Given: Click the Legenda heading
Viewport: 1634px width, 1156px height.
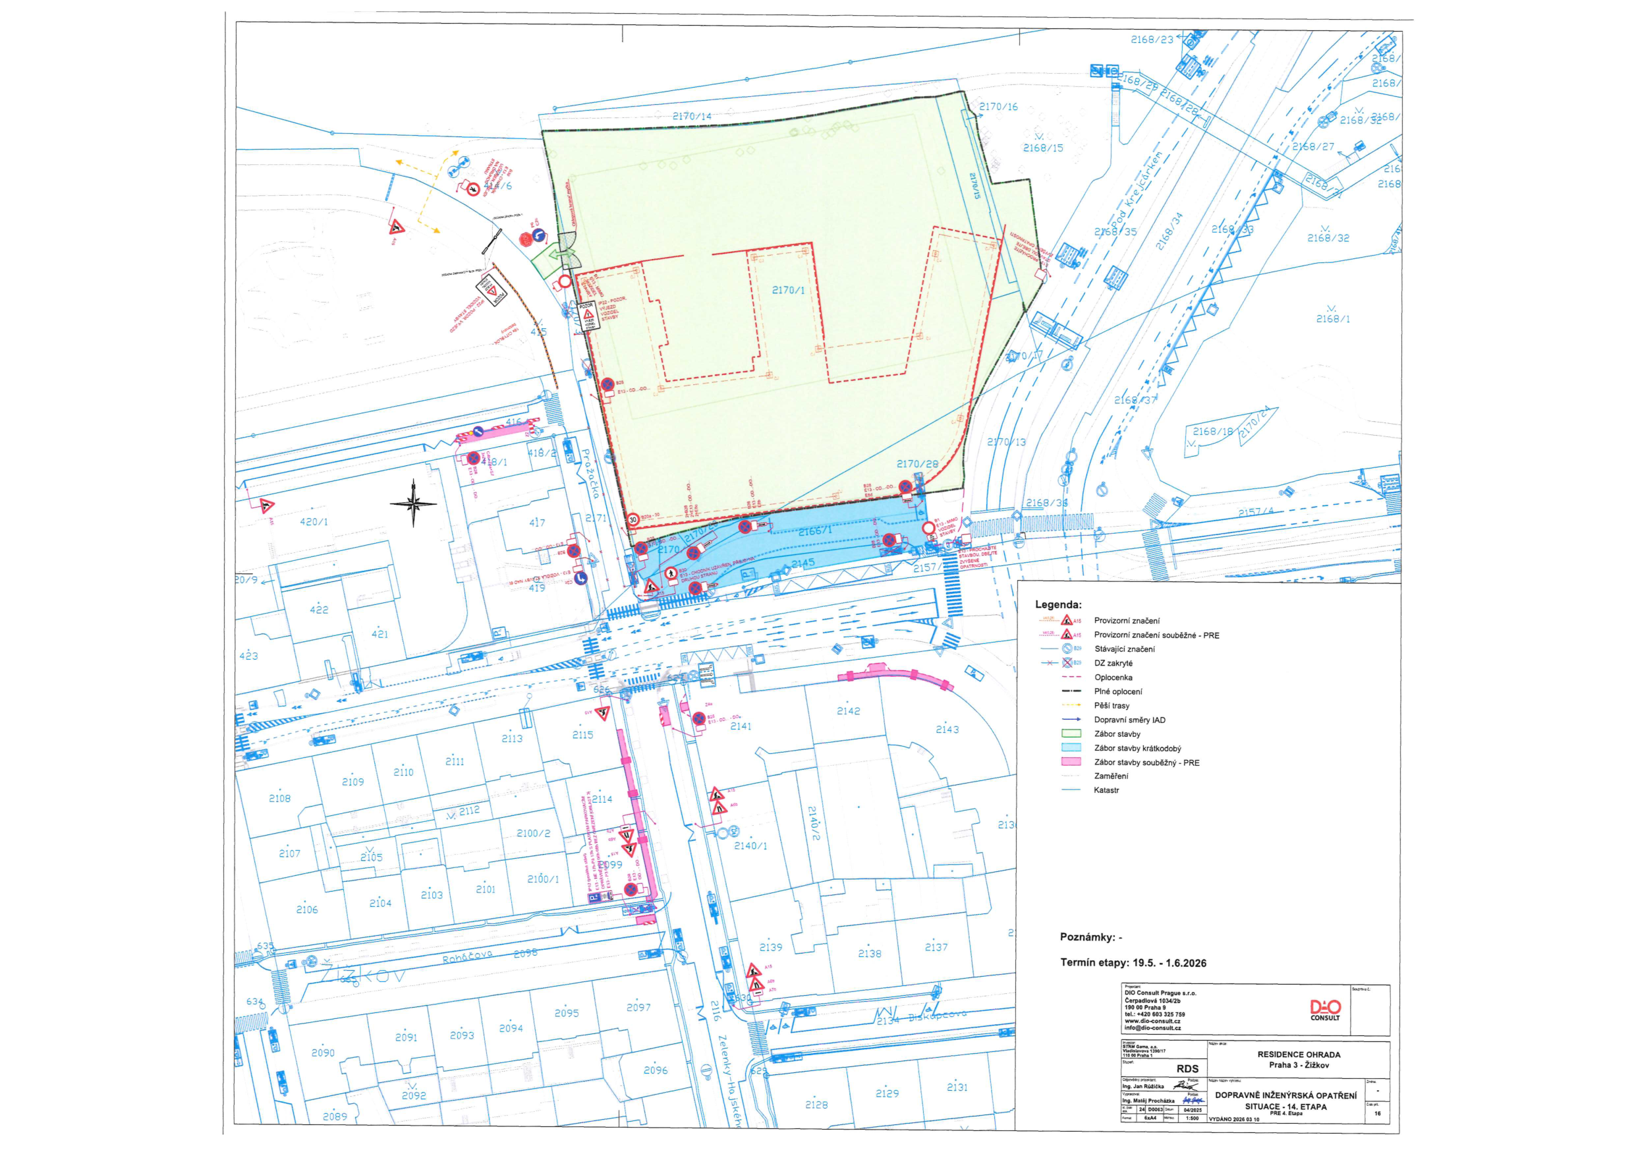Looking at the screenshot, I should (x=1057, y=605).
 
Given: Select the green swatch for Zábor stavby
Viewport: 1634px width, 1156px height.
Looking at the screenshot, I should (x=1071, y=734).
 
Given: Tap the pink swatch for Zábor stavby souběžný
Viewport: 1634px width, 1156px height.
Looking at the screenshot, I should (x=1071, y=763).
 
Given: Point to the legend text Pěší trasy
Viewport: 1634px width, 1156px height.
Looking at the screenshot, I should (x=1112, y=705).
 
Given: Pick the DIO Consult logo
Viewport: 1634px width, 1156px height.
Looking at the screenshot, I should (x=1325, y=1010).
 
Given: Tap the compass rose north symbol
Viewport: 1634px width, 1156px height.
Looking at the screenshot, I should (x=414, y=504).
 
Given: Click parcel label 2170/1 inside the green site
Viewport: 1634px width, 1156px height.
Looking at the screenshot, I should (x=788, y=291).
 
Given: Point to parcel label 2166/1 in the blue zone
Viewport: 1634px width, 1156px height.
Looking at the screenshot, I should (x=814, y=531).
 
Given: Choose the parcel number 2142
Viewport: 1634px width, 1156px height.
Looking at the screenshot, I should (x=849, y=711).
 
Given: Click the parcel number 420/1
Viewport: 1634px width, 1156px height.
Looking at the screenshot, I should (x=314, y=522).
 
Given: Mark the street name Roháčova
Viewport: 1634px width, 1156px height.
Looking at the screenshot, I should (x=467, y=957).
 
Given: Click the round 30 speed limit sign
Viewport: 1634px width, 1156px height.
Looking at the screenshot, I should (x=633, y=521).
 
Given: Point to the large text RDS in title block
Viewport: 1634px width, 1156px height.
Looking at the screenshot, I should (x=1187, y=1068).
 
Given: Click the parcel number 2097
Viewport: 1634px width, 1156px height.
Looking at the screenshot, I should (x=638, y=1007).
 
